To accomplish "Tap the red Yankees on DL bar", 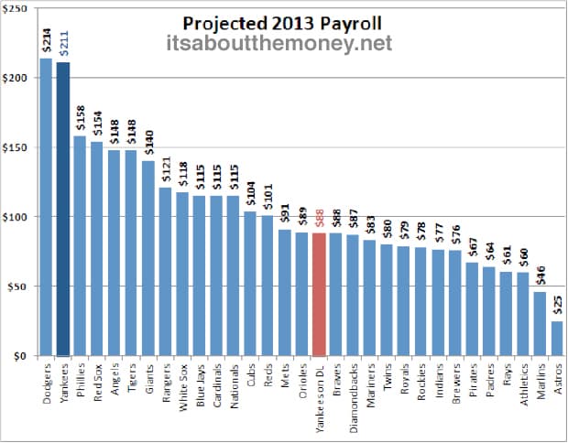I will coord(319,294).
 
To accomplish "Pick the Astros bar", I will coord(557,338).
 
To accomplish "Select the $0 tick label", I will coord(19,356).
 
